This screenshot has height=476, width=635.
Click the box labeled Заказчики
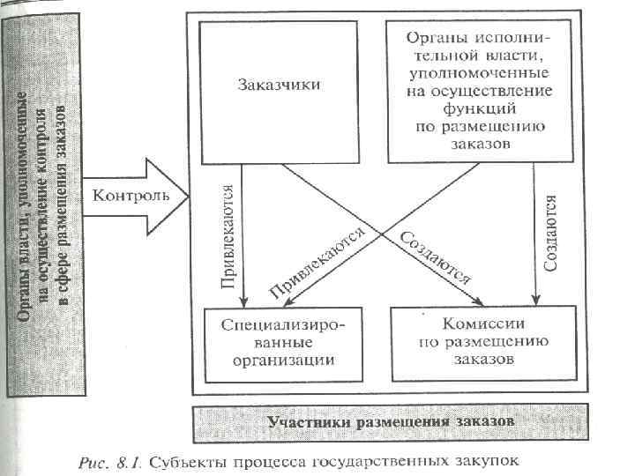pyautogui.click(x=279, y=86)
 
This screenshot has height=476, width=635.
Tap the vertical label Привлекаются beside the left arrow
pyautogui.click(x=227, y=237)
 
